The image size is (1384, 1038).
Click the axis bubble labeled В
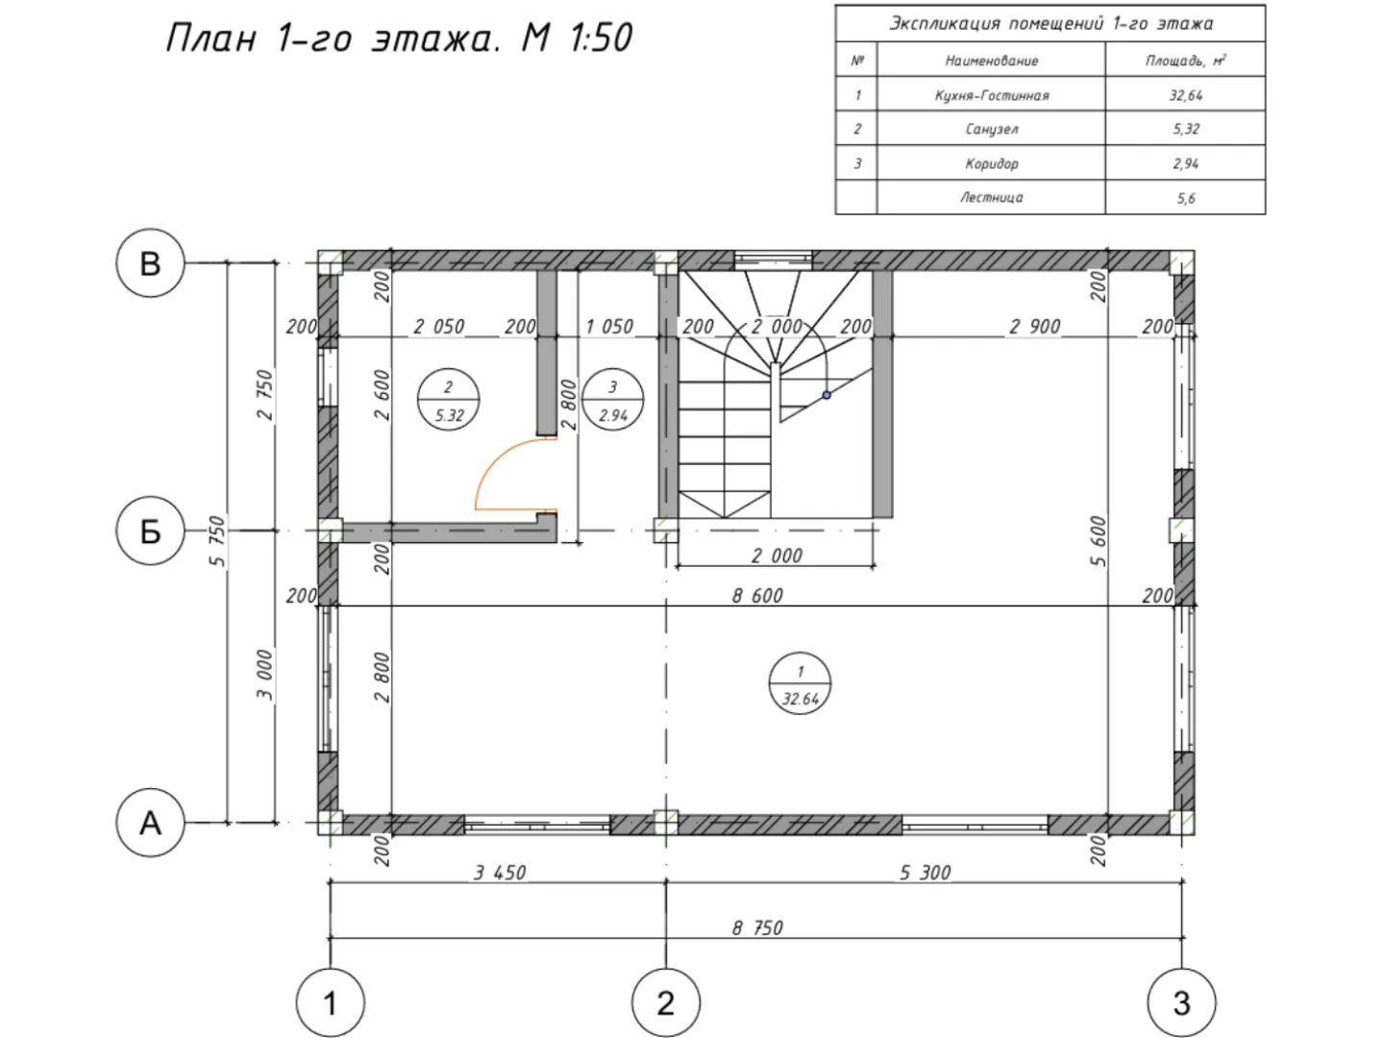(x=150, y=262)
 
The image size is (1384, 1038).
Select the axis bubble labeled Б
(x=150, y=531)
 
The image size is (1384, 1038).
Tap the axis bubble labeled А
(x=150, y=823)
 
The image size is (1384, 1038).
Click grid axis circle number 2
(x=666, y=1002)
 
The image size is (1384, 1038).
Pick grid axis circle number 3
(x=1181, y=1002)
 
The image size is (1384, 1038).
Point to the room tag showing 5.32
(x=448, y=400)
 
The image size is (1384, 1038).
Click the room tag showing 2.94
(x=613, y=400)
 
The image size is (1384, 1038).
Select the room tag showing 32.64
(x=801, y=683)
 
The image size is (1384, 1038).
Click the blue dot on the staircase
(x=827, y=395)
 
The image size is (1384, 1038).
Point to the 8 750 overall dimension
(x=757, y=927)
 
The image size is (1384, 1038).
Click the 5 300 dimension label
(x=925, y=873)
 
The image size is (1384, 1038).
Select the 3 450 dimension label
(x=500, y=873)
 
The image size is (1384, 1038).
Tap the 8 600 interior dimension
(x=757, y=595)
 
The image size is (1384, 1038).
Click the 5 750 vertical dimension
(x=216, y=541)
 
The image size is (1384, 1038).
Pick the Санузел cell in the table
(x=991, y=129)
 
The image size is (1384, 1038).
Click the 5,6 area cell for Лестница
(x=1185, y=198)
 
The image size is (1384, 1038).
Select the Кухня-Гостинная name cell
(x=991, y=94)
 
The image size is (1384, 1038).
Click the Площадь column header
(x=1185, y=60)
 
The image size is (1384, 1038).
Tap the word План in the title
(x=211, y=37)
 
